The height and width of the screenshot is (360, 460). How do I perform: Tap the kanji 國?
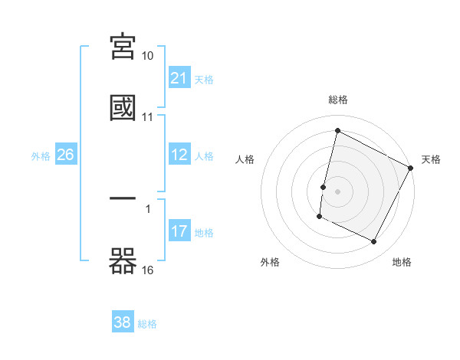point(123,107)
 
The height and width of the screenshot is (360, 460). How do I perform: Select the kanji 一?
point(123,199)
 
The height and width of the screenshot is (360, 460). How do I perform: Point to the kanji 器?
point(123,260)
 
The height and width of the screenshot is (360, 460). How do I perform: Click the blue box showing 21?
point(179,78)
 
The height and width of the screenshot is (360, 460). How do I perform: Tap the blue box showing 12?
point(179,155)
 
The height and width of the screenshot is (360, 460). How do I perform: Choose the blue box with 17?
point(179,231)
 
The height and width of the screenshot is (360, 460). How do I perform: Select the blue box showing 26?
point(66,155)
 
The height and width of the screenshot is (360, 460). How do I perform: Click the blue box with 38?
point(123,322)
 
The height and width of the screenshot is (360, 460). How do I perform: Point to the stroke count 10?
point(148,56)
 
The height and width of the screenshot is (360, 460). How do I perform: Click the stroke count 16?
point(148,270)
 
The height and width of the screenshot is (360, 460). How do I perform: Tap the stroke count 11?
point(148,117)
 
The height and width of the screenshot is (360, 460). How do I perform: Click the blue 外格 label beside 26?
point(41,156)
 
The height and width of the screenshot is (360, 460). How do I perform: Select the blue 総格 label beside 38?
point(147,324)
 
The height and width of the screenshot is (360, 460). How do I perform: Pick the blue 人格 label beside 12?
point(204,156)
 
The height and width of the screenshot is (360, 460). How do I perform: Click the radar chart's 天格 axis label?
point(431,159)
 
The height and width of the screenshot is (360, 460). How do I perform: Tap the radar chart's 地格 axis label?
point(402,262)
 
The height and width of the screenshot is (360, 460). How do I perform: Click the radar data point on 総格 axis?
point(338,130)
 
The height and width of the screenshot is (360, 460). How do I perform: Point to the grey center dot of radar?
point(338,191)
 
